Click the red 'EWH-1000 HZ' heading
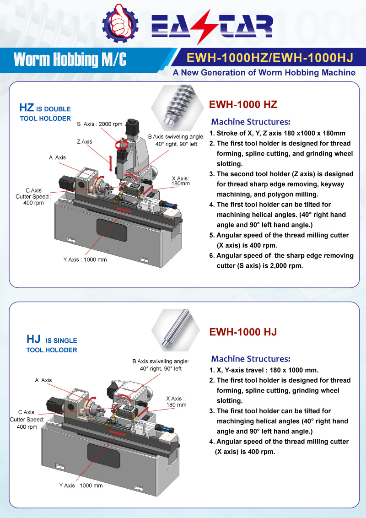(x=243, y=104)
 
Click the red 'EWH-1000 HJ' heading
(x=243, y=332)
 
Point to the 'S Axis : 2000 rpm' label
(x=100, y=124)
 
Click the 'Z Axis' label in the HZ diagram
(x=84, y=142)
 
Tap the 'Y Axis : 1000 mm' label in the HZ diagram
(x=85, y=259)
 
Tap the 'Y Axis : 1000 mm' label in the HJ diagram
(x=81, y=485)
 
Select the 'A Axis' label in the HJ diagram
(x=43, y=380)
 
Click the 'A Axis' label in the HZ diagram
(x=57, y=157)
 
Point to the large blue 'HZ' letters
(x=26, y=108)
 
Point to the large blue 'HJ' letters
(x=33, y=340)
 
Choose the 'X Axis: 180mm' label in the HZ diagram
(x=180, y=181)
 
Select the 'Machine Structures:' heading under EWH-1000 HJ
(x=251, y=359)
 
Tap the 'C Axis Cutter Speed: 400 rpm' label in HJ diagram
(x=26, y=419)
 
